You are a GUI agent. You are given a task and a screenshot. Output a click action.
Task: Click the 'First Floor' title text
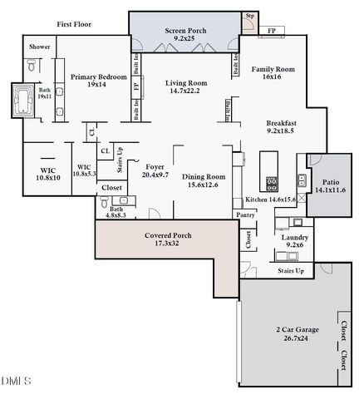(x=75, y=25)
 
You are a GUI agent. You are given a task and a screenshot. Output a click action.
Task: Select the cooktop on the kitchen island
(x=272, y=181)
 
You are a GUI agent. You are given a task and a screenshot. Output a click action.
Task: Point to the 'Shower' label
(x=39, y=47)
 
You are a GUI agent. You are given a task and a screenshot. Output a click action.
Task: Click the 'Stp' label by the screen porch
(x=249, y=16)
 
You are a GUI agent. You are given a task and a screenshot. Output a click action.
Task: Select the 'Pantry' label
(x=245, y=214)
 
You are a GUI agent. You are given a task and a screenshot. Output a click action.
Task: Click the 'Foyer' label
(x=155, y=166)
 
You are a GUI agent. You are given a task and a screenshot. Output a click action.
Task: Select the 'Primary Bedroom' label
(x=99, y=76)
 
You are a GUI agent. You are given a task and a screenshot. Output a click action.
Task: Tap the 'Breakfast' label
(x=282, y=123)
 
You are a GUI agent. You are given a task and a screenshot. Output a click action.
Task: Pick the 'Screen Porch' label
(x=184, y=31)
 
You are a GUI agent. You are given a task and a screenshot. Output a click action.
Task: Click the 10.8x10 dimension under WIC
(x=47, y=178)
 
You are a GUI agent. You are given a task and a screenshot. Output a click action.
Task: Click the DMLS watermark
(x=16, y=382)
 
